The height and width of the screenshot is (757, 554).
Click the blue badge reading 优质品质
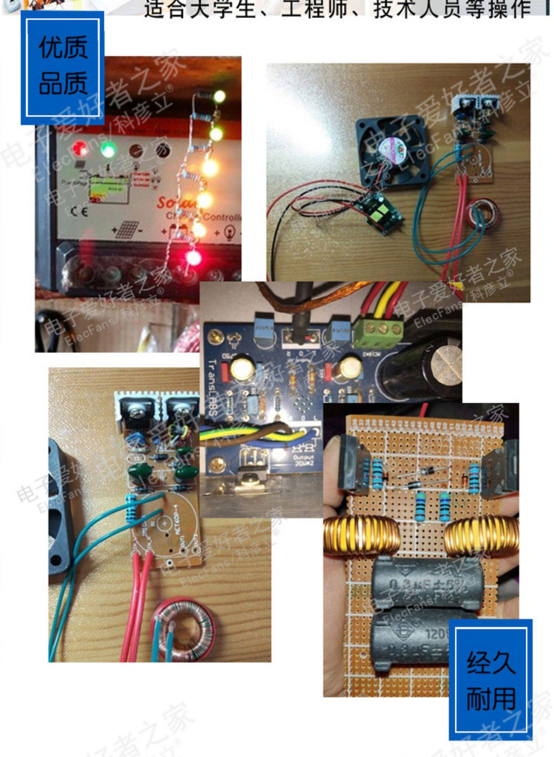pyautogui.click(x=63, y=67)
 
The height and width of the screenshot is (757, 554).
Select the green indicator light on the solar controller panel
pyautogui.click(x=108, y=149)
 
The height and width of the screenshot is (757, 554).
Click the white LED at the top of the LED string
pyautogui.click(x=219, y=97)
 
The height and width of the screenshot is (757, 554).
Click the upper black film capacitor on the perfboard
pyautogui.click(x=427, y=584)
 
